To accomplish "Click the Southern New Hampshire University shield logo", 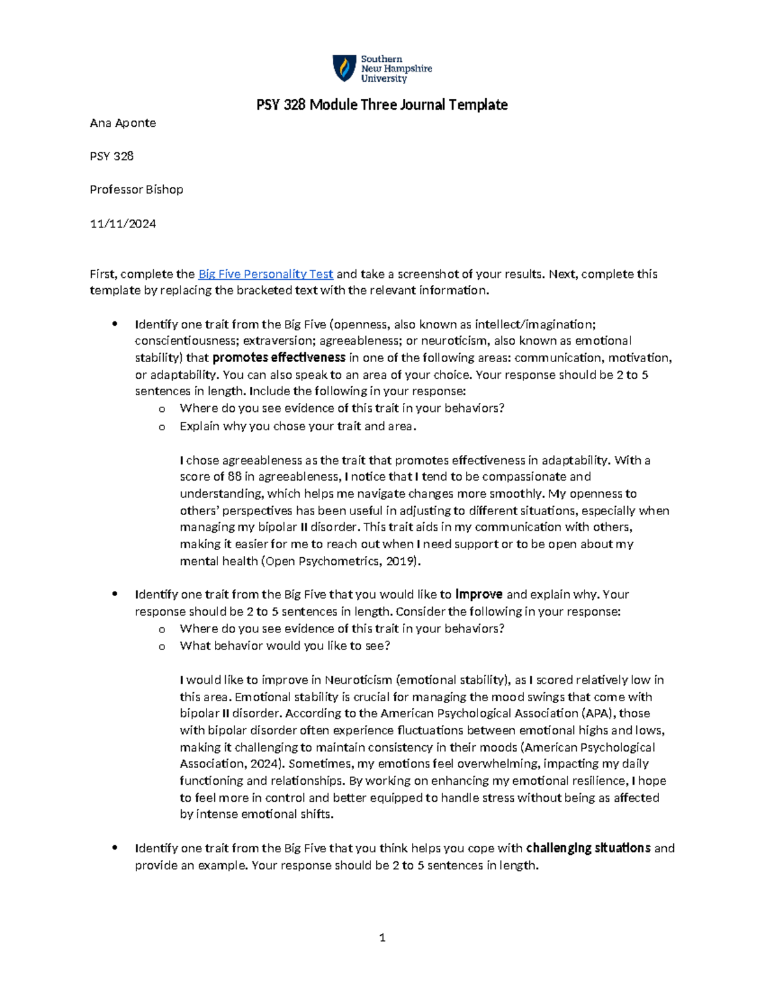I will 344,68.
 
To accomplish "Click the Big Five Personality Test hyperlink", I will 265,274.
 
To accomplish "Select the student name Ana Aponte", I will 123,123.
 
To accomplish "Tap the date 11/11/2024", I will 123,224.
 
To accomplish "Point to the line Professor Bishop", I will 136,189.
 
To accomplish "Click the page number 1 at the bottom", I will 382,937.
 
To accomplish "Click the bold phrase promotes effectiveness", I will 279,358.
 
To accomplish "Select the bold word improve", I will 479,594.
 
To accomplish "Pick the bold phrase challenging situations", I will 588,848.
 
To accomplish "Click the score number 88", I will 234,477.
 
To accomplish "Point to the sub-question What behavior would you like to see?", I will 284,646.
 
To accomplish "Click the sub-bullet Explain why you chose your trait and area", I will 298,426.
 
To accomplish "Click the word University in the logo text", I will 384,79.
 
